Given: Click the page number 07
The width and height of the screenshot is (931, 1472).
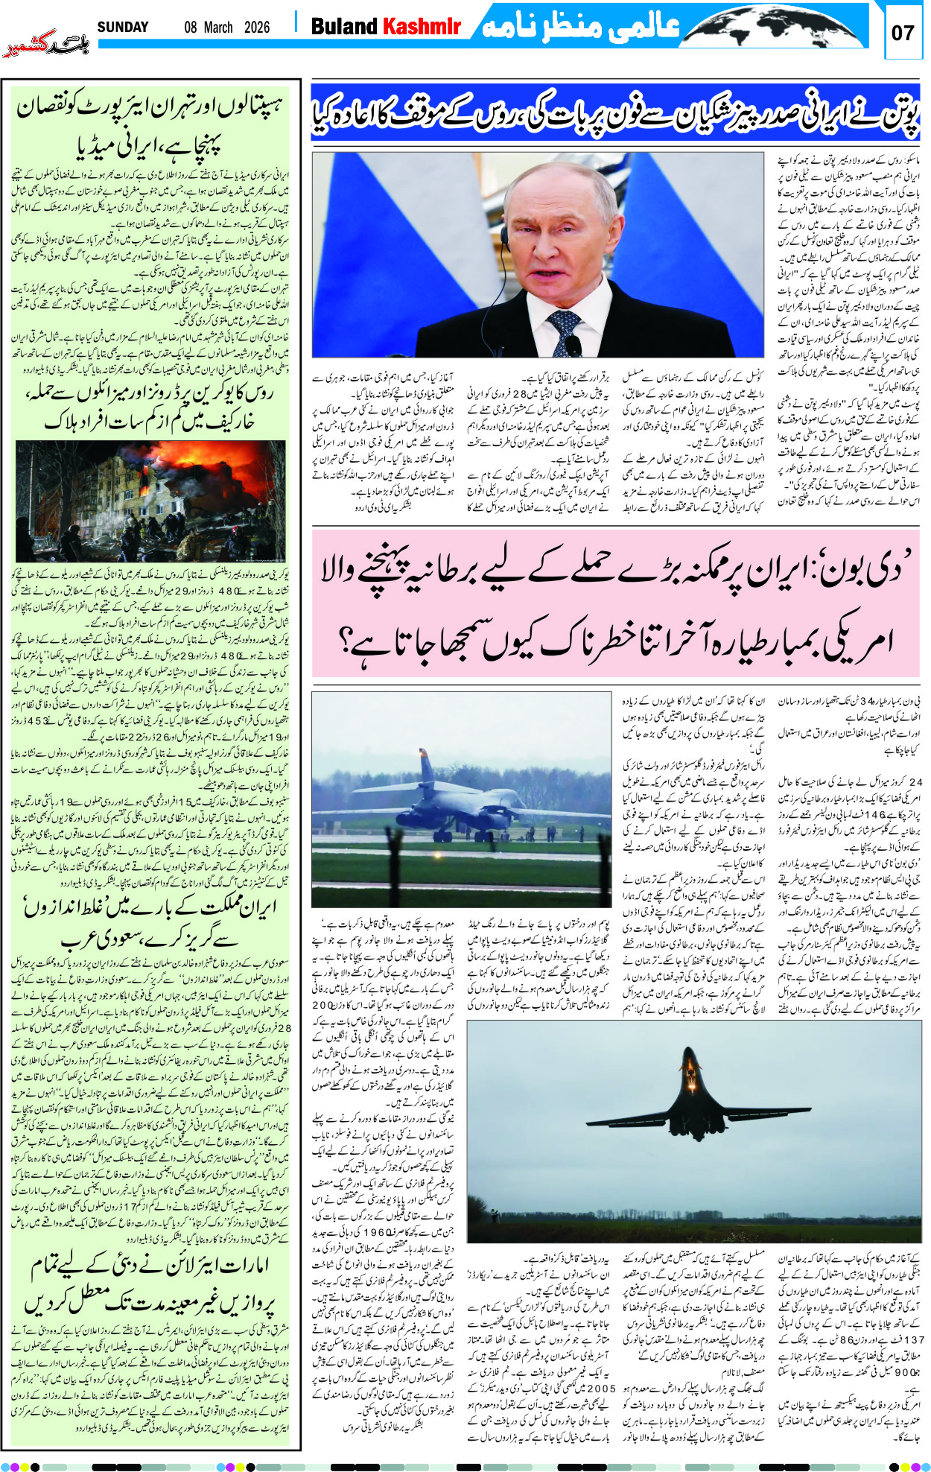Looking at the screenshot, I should (902, 33).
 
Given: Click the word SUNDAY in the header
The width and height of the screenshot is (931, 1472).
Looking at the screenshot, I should (123, 28).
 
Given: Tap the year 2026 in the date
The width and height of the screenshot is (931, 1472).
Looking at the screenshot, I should (256, 28).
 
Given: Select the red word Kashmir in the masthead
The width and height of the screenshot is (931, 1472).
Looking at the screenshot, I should (422, 28).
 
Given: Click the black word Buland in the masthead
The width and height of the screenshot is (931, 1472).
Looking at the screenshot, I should (344, 28).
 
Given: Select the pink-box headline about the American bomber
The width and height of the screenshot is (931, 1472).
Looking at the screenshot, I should (615, 604).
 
